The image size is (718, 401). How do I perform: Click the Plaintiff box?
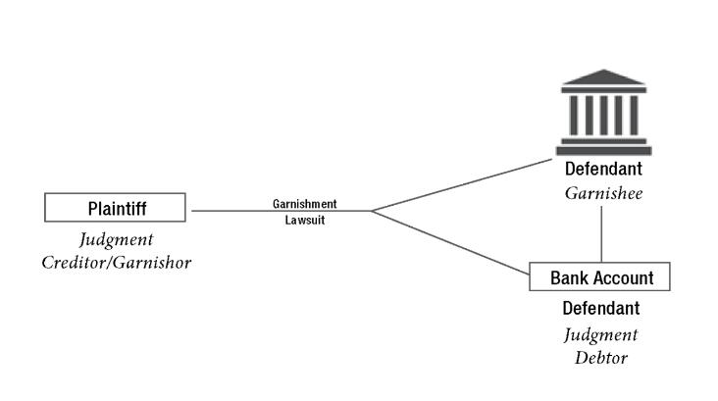(x=115, y=208)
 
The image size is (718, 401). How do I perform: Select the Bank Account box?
(x=599, y=276)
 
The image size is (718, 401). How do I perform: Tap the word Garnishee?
(x=602, y=193)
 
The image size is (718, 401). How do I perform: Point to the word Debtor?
(x=600, y=357)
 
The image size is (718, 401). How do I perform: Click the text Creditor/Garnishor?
(x=116, y=262)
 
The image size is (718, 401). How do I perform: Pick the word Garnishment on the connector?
(x=304, y=204)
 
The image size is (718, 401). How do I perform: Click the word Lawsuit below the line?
(x=304, y=221)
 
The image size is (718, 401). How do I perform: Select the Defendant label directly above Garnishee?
(x=602, y=170)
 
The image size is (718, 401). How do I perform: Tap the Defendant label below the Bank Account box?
(x=600, y=309)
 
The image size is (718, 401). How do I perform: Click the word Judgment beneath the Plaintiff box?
(x=116, y=239)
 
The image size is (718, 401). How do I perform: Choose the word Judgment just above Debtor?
(x=600, y=334)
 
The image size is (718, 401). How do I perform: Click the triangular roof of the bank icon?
(x=603, y=77)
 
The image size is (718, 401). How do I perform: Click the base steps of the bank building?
(x=603, y=148)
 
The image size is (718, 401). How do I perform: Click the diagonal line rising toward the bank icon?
(x=461, y=184)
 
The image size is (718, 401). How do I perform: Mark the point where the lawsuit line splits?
(x=372, y=211)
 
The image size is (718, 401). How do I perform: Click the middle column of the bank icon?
(x=603, y=115)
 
